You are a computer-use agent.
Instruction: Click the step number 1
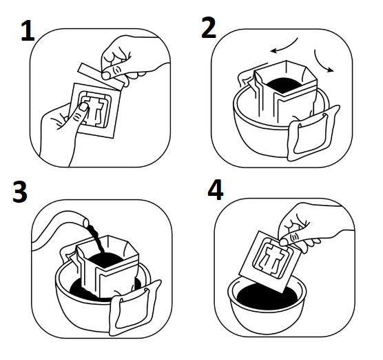28,31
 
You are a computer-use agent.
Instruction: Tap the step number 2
209,28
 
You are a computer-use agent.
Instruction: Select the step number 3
20,192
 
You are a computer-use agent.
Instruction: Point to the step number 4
216,190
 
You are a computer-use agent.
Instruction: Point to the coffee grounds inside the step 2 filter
284,84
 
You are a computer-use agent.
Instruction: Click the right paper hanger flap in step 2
314,133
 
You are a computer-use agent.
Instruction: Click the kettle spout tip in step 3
86,222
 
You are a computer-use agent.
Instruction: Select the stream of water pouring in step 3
96,239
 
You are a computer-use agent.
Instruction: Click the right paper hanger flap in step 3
135,308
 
